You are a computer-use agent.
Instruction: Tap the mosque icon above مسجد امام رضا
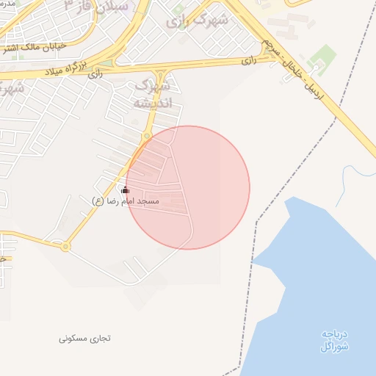click(124, 189)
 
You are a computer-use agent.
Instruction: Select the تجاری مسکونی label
click(85, 339)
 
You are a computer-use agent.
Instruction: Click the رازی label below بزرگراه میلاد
click(95, 74)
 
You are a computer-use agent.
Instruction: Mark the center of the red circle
click(188, 187)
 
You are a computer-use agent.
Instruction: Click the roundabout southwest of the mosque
click(65, 247)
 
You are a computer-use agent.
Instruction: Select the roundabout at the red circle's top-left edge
click(147, 136)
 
